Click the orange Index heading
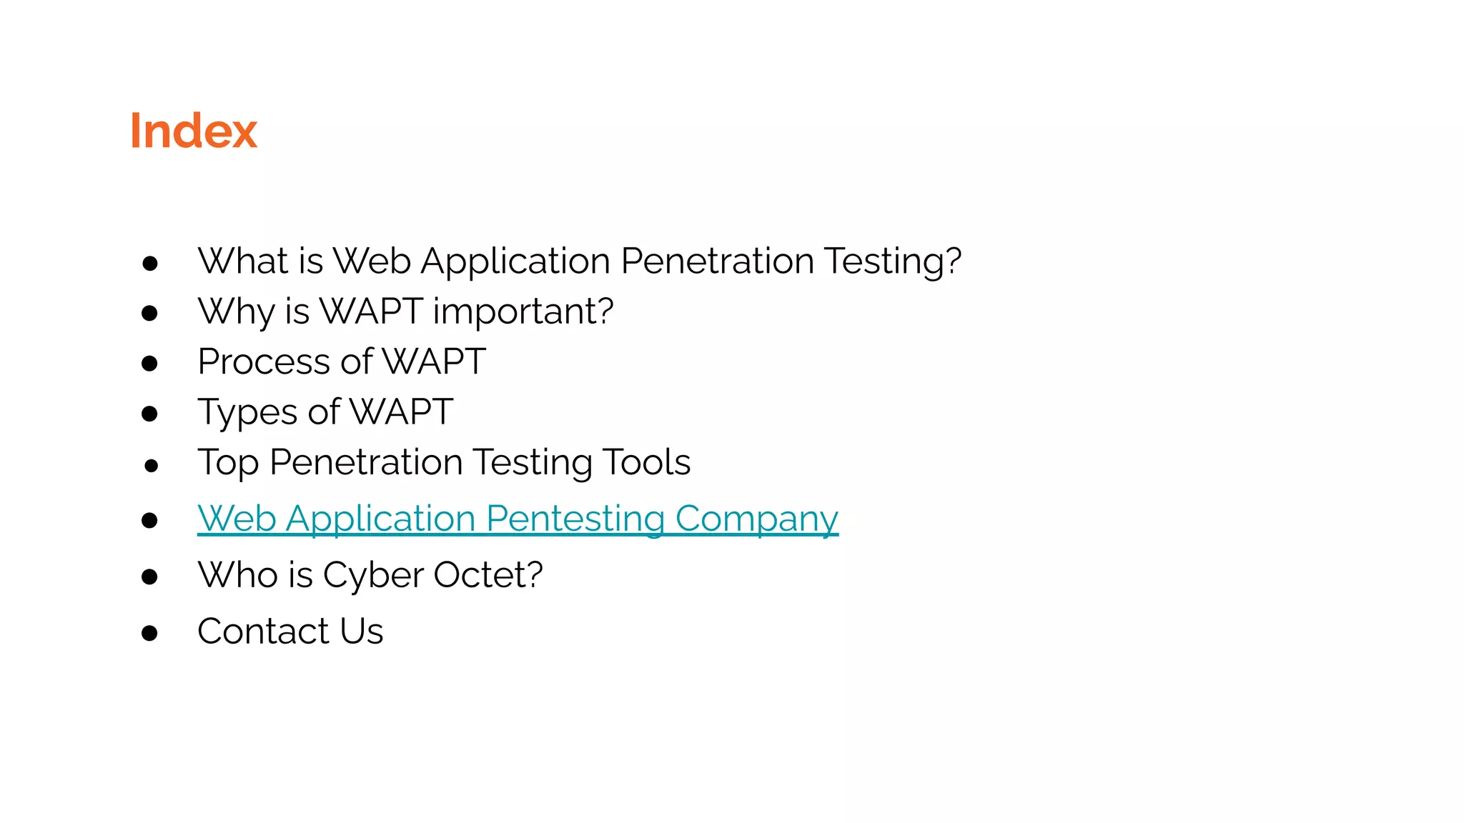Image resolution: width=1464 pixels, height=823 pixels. tap(193, 131)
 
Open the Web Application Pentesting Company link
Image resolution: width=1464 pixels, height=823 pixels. tap(518, 519)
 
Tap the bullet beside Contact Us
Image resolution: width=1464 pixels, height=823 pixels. tap(149, 633)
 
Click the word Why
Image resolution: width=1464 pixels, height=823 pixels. tap(236, 312)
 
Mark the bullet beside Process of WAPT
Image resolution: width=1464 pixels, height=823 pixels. tap(149, 364)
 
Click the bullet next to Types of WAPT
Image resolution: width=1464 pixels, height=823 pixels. tap(149, 414)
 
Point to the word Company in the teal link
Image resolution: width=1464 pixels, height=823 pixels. tap(756, 519)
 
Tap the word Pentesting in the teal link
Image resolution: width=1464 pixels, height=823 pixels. tap(575, 519)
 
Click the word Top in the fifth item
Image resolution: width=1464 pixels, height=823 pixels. tap(228, 463)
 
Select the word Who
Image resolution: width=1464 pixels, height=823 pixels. tap(238, 575)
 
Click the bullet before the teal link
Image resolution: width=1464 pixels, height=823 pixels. tap(149, 520)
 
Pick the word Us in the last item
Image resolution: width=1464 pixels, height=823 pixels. tap(362, 632)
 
